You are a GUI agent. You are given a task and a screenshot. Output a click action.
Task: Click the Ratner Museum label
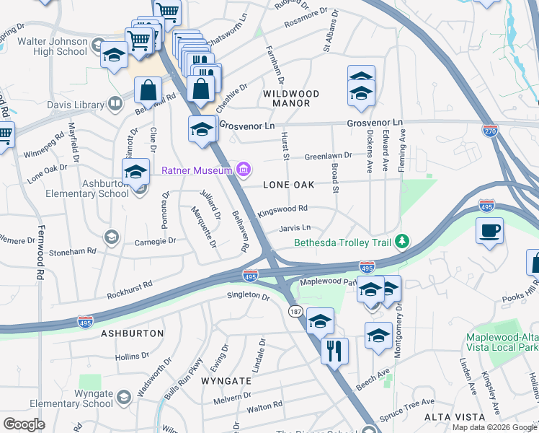(196, 170)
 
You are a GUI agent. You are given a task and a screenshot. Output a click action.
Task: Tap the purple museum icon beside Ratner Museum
(244, 170)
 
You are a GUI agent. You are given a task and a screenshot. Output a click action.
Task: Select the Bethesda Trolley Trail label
(345, 241)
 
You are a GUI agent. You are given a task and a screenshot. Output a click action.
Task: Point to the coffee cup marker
(489, 231)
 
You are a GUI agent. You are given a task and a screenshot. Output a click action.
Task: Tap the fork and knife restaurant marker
(334, 351)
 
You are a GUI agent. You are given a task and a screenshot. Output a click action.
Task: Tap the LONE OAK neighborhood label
(288, 185)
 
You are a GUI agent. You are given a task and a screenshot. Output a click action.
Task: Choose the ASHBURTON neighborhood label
(132, 333)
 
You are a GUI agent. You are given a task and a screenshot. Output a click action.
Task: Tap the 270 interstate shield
(490, 129)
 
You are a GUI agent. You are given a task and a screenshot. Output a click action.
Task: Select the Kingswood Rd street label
(283, 210)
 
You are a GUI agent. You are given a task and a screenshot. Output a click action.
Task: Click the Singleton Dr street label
(248, 295)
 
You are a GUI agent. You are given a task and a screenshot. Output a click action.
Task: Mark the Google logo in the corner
(24, 424)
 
